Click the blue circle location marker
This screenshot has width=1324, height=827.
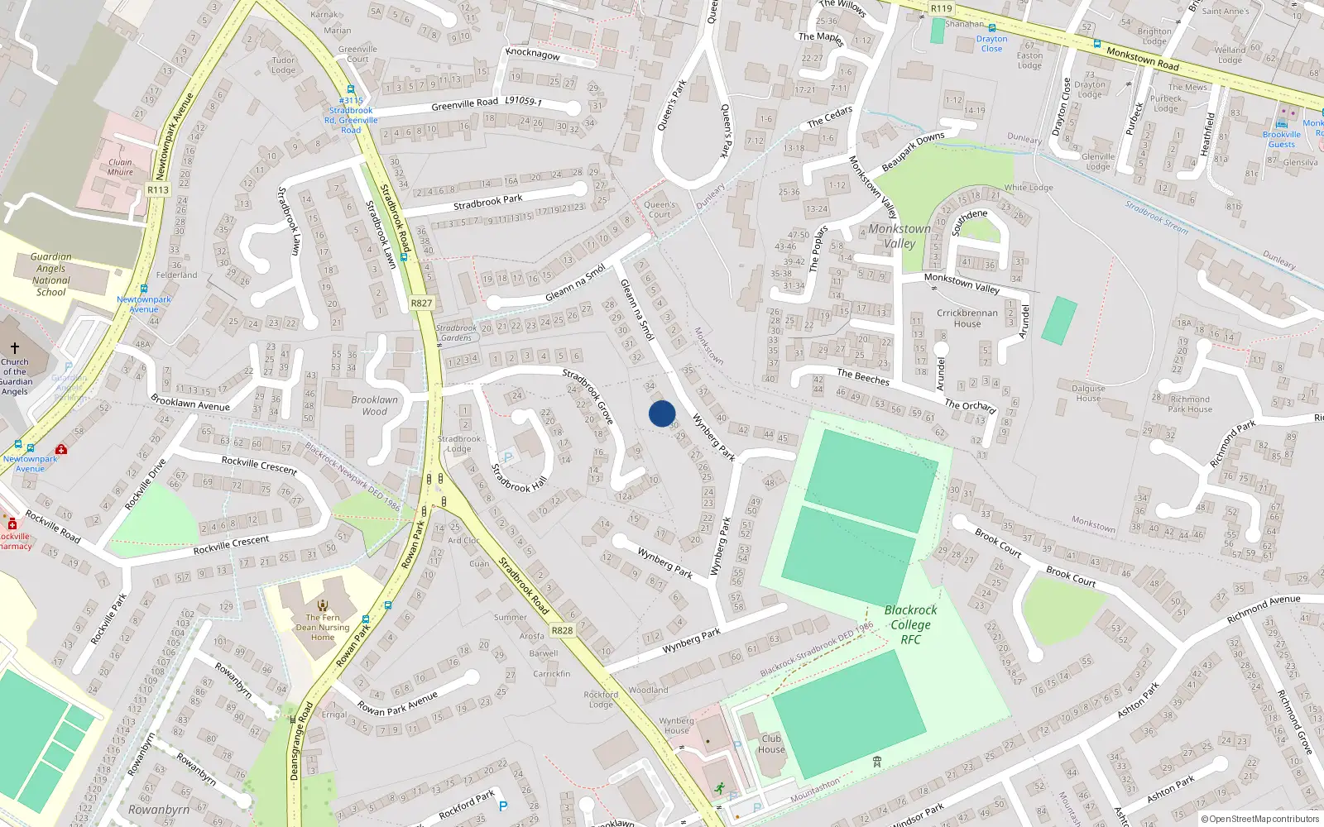[662, 413]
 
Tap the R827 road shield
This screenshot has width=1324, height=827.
[421, 303]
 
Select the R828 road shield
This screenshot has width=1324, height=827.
[562, 630]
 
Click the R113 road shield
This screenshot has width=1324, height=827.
[158, 189]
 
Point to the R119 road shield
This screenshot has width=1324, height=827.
[941, 8]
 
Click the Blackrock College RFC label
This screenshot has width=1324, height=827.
[910, 624]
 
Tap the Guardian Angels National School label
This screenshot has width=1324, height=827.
[51, 275]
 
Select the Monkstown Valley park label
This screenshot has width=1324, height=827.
[899, 236]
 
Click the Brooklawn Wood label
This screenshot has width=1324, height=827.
[374, 405]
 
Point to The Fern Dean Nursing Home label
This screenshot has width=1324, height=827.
[323, 627]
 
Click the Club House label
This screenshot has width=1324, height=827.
[771, 744]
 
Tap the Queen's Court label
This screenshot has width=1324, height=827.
[660, 209]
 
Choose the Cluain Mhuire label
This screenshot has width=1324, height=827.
[120, 167]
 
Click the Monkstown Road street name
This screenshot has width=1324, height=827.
[1143, 59]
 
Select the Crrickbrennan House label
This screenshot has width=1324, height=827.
[967, 318]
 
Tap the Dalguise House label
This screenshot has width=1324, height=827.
[1088, 393]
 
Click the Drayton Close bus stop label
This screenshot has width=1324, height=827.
[991, 43]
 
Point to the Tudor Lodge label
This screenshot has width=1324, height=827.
[283, 65]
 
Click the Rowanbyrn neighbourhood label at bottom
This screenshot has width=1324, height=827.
[159, 810]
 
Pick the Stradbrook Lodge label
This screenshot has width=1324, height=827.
[459, 444]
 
